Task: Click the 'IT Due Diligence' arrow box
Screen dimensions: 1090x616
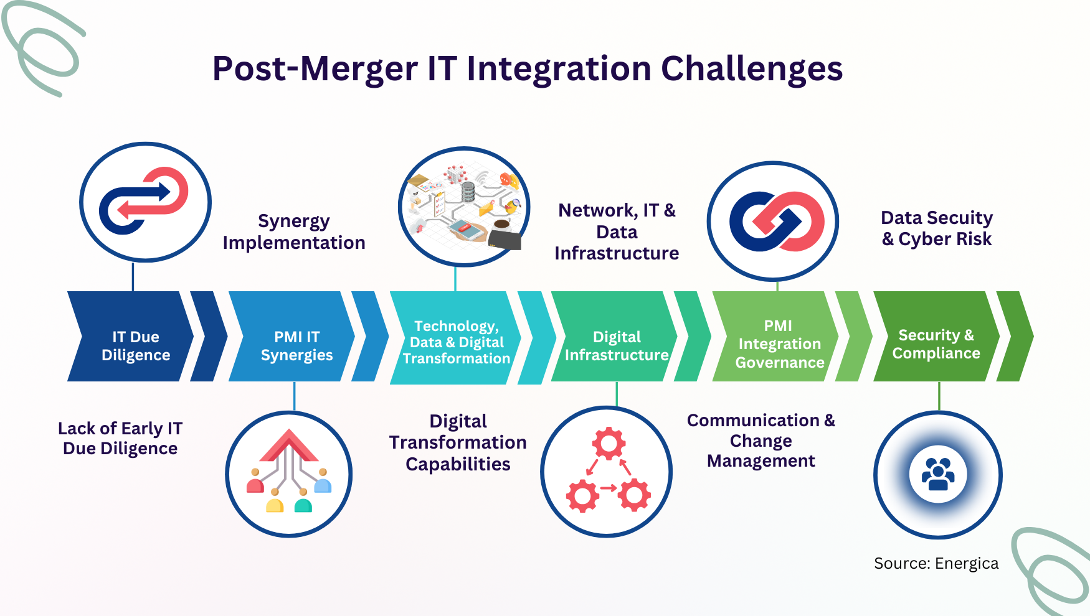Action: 131,337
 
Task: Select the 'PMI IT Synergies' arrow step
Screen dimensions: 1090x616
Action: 292,337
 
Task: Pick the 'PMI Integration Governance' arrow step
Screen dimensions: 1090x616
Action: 776,337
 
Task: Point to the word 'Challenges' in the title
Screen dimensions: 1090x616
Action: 752,69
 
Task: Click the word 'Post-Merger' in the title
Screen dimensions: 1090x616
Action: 315,69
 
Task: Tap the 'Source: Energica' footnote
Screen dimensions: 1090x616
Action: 936,563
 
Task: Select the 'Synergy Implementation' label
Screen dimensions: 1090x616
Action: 294,231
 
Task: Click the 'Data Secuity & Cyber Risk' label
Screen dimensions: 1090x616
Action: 937,228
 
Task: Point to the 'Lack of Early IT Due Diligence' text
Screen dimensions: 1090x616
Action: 120,438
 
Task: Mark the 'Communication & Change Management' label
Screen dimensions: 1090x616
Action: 761,441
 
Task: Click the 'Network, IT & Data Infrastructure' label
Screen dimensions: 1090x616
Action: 617,231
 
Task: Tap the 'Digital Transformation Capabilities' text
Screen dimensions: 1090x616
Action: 458,442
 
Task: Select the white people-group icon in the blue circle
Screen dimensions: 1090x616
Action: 938,475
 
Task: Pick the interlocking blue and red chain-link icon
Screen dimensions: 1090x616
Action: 777,222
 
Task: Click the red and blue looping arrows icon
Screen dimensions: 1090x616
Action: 144,200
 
